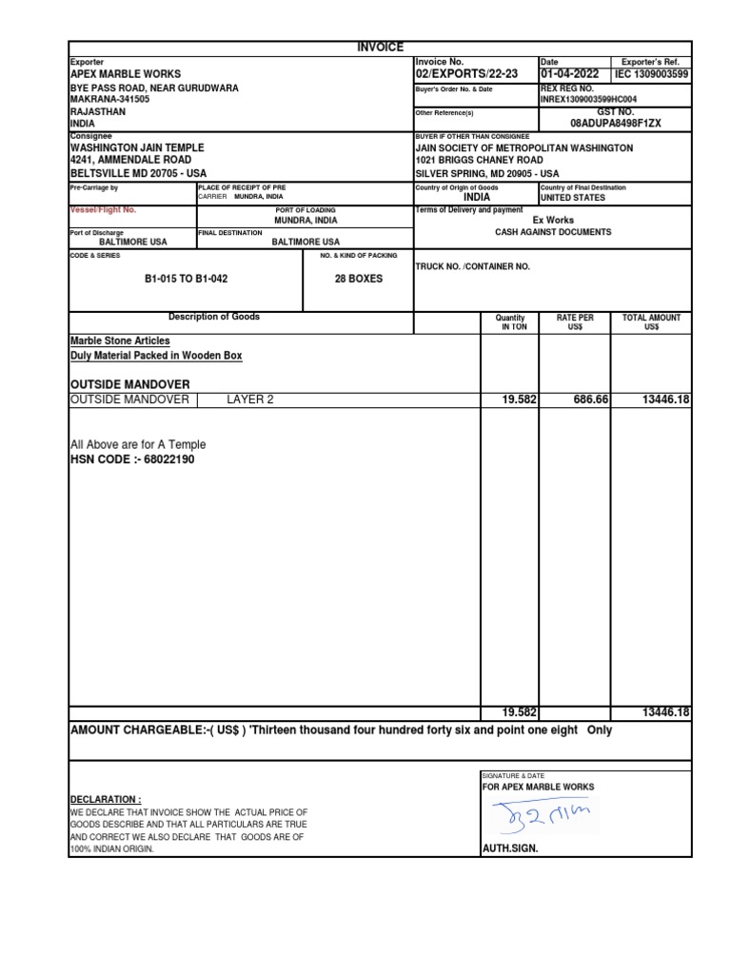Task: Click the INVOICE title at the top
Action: (x=380, y=48)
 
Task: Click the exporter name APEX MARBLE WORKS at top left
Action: (x=126, y=73)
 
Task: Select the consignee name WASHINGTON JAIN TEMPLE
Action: (x=137, y=148)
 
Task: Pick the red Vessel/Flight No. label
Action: (x=104, y=209)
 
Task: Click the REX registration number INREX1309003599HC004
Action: (x=588, y=99)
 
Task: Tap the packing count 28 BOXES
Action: (x=358, y=279)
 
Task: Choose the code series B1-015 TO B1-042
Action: (x=186, y=279)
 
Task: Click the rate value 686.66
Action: (x=590, y=399)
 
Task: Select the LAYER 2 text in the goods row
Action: (x=249, y=399)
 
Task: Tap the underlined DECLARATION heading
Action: (x=106, y=799)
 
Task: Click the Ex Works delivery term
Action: (x=553, y=220)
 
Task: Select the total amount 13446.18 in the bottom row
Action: (x=665, y=712)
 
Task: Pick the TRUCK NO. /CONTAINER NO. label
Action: (x=472, y=266)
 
